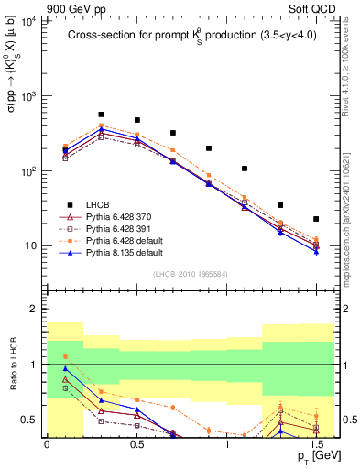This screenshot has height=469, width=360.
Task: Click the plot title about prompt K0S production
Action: [x=191, y=37]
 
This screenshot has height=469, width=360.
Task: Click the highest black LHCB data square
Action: [x=101, y=115]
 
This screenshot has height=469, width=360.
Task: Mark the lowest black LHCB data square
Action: [x=316, y=219]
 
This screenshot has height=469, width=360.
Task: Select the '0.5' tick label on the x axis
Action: [x=136, y=444]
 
